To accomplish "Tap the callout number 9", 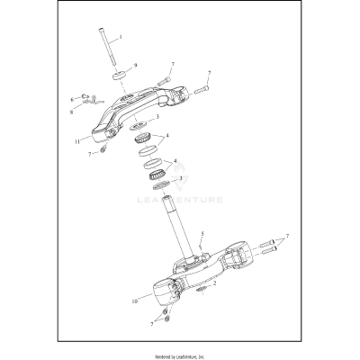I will click(135, 66).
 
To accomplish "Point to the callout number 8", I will click(71, 113).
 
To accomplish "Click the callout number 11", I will click(78, 142).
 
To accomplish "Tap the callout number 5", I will click(203, 234).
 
